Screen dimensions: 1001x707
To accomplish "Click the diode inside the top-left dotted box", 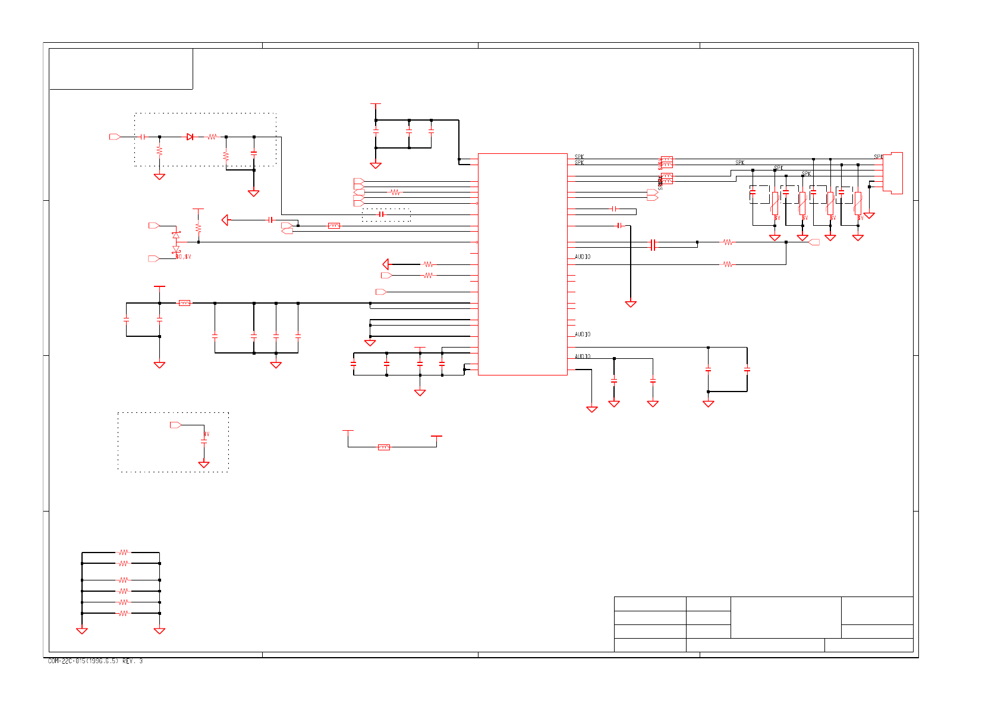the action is pos(190,137).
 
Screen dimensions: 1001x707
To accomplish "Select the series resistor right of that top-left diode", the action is pos(212,137).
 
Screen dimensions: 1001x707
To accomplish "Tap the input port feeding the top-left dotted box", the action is pos(115,137).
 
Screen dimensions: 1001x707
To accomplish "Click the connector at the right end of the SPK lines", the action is pos(893,172).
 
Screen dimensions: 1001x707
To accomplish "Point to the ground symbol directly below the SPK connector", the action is pos(869,216).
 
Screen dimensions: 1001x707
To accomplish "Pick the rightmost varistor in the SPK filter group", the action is pos(858,203).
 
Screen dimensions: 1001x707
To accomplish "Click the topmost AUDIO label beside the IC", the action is pos(583,257).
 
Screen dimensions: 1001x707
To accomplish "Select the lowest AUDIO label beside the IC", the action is pos(583,356).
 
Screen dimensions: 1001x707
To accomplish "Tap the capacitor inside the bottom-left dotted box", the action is pos(204,441).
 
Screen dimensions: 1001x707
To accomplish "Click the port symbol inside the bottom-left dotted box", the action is pos(175,425).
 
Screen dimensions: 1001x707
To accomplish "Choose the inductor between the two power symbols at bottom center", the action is pos(384,447).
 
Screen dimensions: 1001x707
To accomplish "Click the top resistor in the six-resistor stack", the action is pos(123,552).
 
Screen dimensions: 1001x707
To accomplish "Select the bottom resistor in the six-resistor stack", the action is pos(123,613).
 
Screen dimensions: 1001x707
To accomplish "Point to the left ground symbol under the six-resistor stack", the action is pos(82,631).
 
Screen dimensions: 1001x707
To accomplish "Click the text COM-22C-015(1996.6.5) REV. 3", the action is pos(95,661).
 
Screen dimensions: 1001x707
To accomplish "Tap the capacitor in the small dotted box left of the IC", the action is pos(381,214).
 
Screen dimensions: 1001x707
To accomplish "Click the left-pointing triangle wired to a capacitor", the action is pos(225,220).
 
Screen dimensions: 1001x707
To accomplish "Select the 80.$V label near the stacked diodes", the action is pos(184,257).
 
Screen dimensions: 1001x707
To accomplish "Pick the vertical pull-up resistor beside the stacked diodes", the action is pos(199,228).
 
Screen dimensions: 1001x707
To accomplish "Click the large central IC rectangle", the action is pos(522,264).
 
